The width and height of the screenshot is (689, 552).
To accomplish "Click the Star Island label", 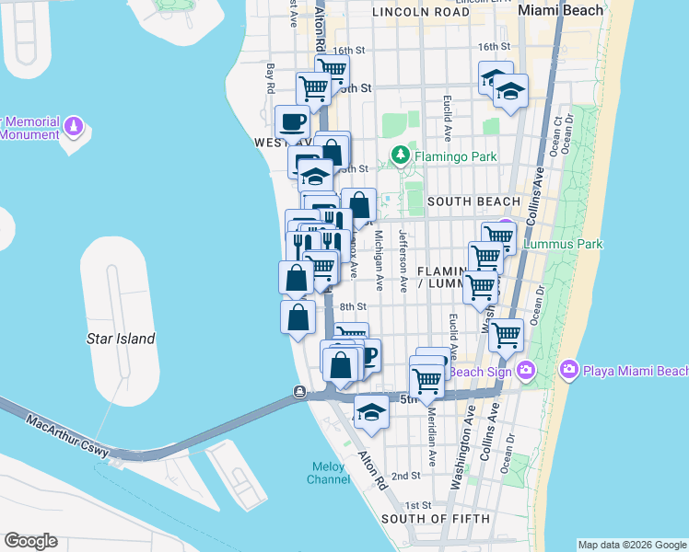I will (x=121, y=339).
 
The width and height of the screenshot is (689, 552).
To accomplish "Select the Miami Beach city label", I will (x=561, y=10).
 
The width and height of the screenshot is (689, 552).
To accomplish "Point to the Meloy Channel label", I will (x=328, y=473).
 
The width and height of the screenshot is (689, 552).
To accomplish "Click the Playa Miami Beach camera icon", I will (x=569, y=371).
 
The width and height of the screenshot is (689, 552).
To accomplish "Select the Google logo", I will (x=30, y=541).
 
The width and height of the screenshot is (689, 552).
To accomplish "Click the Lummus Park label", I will (x=562, y=244).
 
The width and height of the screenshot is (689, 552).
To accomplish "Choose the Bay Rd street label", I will (x=271, y=78).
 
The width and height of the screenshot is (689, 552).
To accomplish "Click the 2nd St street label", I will (x=405, y=477).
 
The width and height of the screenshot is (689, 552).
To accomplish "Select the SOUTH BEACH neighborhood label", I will (x=474, y=201).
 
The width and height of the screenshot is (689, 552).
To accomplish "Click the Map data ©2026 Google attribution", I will (x=633, y=545).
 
